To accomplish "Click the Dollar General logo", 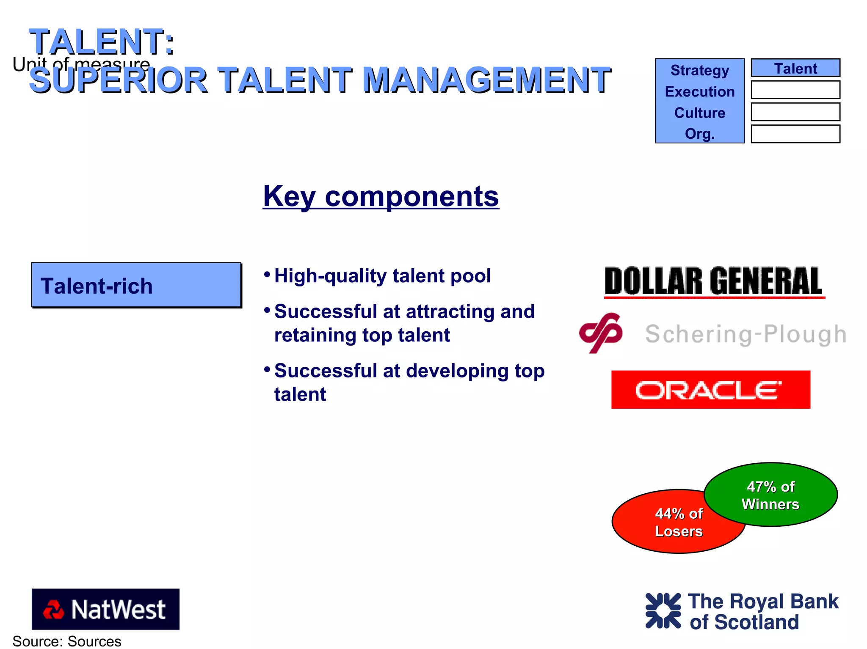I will [714, 281].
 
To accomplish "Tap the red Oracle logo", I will [710, 390].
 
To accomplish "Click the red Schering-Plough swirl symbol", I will [601, 333].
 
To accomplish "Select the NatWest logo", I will [105, 609].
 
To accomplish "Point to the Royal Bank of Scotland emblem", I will [663, 610].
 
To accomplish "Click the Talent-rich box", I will [136, 285].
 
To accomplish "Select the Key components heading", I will [381, 196].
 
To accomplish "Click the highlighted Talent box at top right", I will [795, 68].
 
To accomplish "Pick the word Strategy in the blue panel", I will [699, 70].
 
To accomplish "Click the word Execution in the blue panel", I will [699, 91].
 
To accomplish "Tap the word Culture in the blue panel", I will [699, 113].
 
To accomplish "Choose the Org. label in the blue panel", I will [699, 134].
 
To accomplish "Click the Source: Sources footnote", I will [67, 641].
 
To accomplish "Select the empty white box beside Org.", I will [795, 134].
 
